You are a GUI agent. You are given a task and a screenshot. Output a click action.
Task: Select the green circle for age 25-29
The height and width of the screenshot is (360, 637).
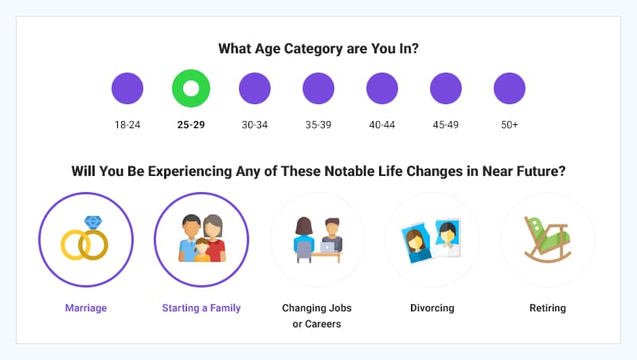[x=191, y=88]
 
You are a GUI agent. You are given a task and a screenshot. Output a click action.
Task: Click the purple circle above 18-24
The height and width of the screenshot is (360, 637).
[x=127, y=88]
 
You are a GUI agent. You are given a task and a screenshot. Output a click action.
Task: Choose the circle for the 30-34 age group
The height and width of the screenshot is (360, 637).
[x=255, y=88]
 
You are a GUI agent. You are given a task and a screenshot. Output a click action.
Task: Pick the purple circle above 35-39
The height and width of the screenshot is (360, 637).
[x=318, y=88]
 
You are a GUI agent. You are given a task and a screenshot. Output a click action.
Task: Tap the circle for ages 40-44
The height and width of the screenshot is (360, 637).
[x=382, y=88]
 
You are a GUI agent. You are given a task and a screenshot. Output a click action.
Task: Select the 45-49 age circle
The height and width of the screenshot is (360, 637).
[x=446, y=88]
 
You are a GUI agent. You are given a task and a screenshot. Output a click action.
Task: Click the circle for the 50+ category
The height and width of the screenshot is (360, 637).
[x=510, y=88]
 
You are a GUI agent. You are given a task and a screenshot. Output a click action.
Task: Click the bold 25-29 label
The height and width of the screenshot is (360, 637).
[x=191, y=124]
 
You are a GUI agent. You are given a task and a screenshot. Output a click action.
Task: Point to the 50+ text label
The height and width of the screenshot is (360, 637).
[x=510, y=124]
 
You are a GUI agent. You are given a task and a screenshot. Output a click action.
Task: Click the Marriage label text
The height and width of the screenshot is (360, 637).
[x=86, y=307]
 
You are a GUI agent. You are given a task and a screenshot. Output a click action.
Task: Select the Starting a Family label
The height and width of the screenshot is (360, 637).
[x=201, y=307]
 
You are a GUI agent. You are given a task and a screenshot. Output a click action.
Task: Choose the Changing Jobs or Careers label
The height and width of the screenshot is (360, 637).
[x=317, y=315]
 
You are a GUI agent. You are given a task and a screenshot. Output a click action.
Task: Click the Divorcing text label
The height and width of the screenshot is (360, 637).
[x=432, y=307]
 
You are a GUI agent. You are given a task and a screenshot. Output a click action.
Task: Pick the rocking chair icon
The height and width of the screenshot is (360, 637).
[x=547, y=240]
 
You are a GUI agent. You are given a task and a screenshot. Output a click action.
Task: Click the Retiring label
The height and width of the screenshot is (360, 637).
[x=548, y=307]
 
